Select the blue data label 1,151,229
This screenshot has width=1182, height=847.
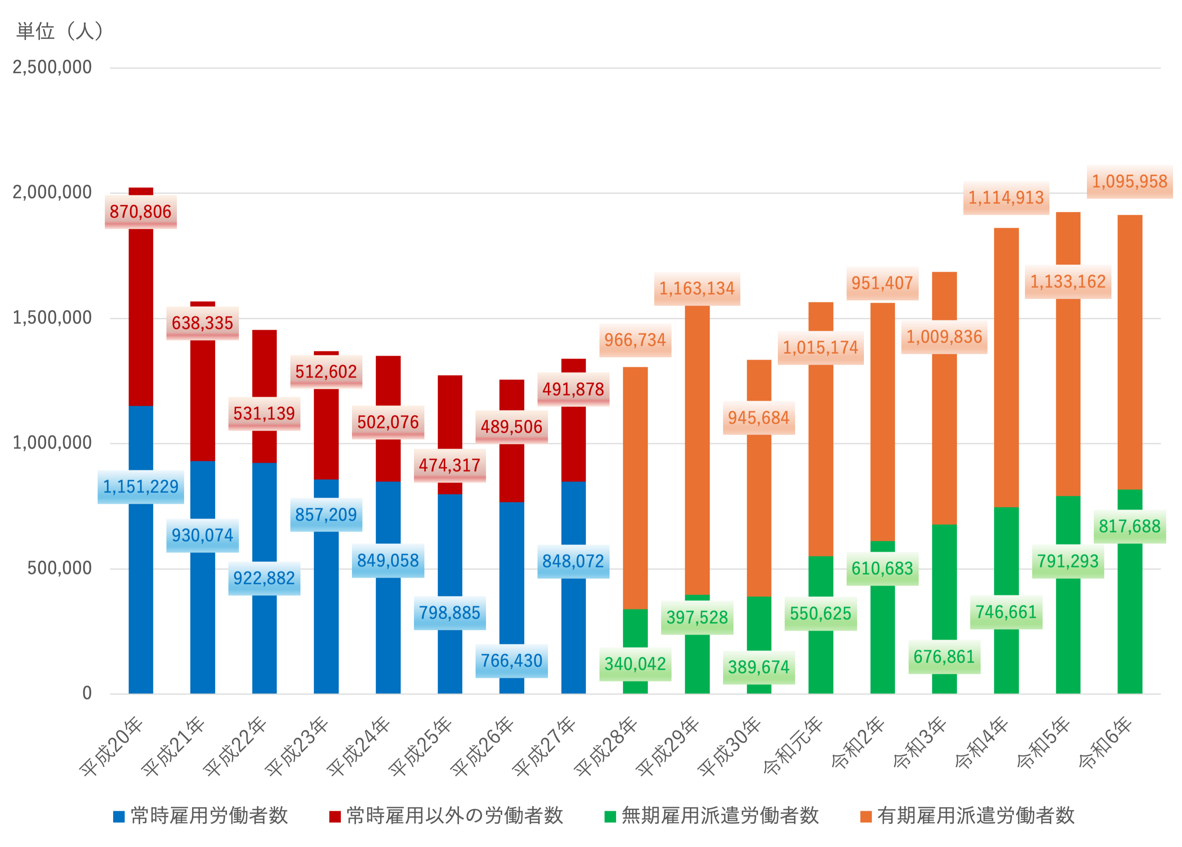pos(141,487)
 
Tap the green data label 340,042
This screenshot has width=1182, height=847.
pos(635,664)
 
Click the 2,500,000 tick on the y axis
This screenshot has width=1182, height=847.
pos(52,67)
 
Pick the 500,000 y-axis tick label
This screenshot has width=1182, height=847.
pos(59,568)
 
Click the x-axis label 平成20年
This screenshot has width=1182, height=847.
pos(112,746)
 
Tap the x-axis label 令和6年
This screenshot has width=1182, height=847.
pos(1105,744)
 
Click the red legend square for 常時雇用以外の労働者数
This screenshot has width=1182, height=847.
pos(335,817)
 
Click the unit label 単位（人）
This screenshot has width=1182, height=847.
pos(60,31)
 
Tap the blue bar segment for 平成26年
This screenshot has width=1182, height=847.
pos(512,573)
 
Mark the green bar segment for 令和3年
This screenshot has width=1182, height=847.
pos(944,584)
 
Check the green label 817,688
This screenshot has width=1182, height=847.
pos(1129,526)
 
